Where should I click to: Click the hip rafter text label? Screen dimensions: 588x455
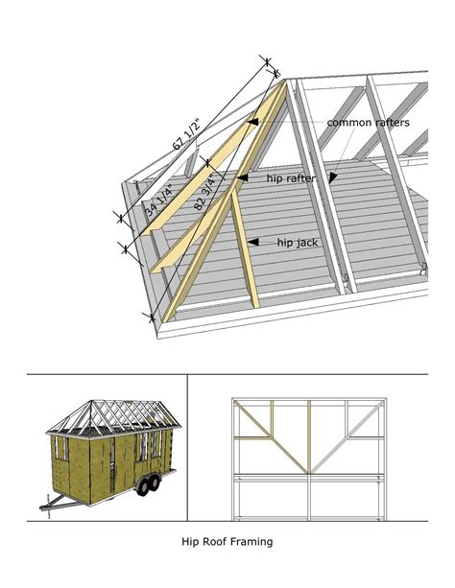(291, 177)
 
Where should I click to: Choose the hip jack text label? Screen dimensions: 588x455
(298, 243)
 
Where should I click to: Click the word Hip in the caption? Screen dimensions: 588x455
(191, 542)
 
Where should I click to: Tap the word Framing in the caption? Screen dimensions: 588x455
(252, 542)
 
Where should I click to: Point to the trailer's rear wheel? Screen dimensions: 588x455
(153, 485)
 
